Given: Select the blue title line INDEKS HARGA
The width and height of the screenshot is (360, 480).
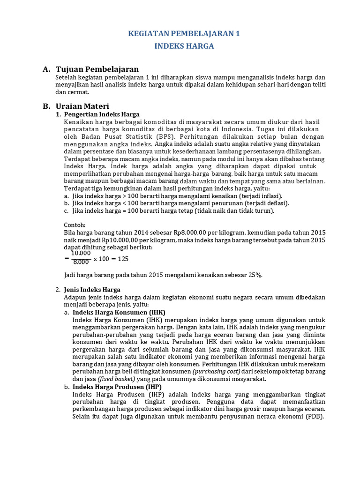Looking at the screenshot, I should (x=184, y=46).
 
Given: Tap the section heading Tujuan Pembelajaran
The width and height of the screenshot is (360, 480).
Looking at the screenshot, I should (x=97, y=69).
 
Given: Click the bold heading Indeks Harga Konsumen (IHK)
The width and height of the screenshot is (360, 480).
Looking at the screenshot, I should (x=119, y=312).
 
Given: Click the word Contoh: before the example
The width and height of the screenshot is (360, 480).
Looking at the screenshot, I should (x=75, y=225).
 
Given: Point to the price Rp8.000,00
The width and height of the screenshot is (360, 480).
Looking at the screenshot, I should (x=193, y=232).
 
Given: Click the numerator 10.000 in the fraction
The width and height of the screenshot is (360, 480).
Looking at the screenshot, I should (x=81, y=254).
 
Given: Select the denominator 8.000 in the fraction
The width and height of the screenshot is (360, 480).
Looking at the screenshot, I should (x=81, y=262).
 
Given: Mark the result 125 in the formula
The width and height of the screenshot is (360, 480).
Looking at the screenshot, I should (x=122, y=258).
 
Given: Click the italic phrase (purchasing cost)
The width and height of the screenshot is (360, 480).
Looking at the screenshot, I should (x=215, y=372).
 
